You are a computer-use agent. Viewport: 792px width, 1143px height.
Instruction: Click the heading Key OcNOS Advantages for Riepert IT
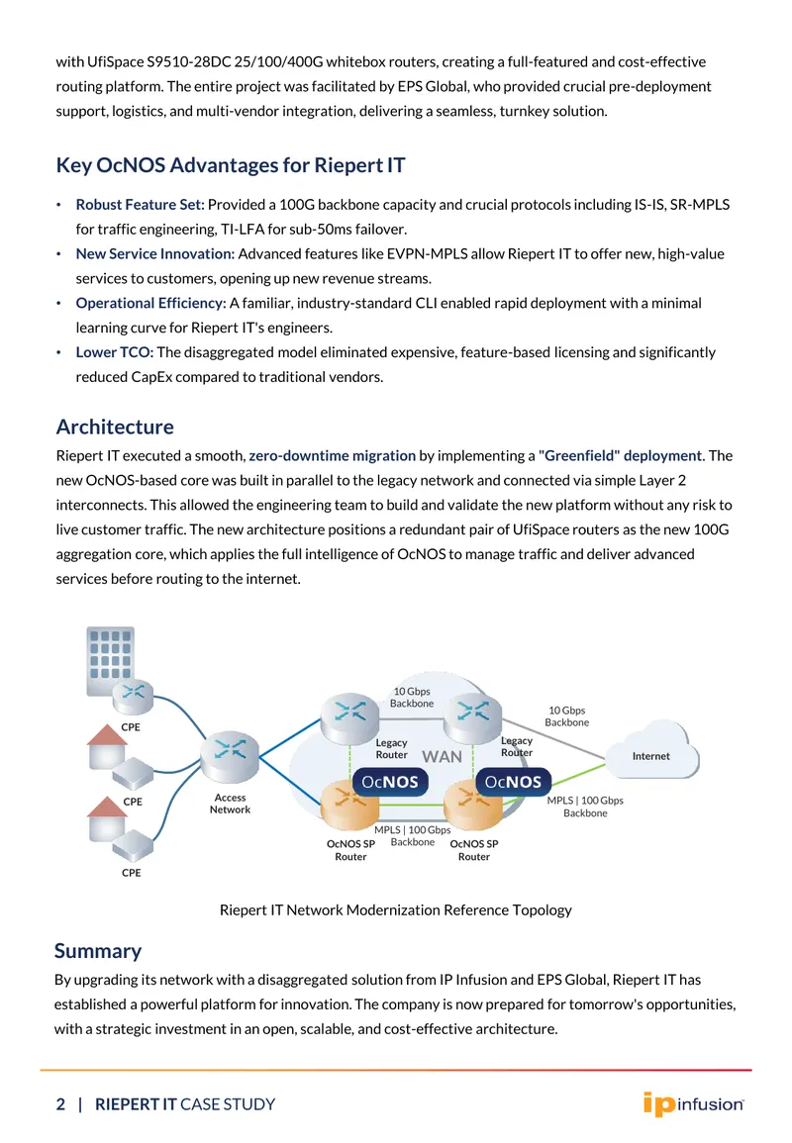[231, 165]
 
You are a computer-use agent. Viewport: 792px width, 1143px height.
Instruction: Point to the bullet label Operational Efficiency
[150, 303]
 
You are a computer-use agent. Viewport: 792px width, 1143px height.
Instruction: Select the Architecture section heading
[115, 427]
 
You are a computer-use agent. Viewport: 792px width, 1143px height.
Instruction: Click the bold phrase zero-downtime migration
[332, 455]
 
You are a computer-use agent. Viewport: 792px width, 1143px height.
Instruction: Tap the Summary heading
[98, 951]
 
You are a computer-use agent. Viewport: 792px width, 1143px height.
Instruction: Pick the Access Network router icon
[230, 756]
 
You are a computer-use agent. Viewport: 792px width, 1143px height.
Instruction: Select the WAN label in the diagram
[442, 757]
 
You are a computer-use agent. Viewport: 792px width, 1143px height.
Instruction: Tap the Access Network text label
[230, 804]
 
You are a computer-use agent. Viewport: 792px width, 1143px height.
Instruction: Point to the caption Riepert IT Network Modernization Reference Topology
[395, 909]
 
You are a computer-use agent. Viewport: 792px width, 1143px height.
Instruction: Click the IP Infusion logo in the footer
[693, 1103]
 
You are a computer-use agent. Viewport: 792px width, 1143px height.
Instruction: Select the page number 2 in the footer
[60, 1104]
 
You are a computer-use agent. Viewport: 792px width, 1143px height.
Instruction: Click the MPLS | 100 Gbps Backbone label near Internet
[585, 807]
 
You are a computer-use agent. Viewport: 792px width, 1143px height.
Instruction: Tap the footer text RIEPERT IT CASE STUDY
[185, 1104]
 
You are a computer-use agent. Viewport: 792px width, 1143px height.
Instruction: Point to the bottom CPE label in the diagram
[132, 873]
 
